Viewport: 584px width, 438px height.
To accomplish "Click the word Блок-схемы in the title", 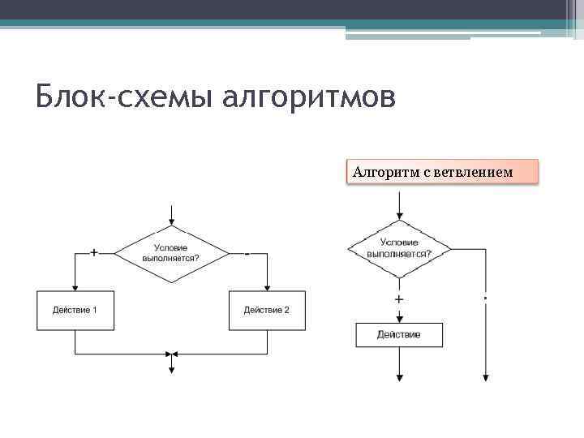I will tap(113, 98).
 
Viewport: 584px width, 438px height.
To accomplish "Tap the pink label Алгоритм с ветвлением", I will tap(443, 172).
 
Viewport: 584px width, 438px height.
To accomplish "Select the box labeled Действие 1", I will tap(75, 311).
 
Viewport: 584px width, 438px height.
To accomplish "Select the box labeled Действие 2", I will tap(267, 311).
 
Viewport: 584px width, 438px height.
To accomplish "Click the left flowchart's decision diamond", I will tap(171, 253).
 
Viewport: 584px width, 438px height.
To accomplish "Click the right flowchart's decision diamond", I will tap(399, 247).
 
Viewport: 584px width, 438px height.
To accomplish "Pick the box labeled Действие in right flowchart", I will tap(399, 335).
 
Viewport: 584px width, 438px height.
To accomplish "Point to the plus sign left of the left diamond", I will tap(94, 253).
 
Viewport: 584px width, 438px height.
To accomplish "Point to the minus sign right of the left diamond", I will tap(247, 253).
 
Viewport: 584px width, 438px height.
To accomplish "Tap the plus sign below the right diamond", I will tap(399, 299).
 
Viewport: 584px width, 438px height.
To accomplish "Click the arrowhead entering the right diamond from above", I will tap(399, 215).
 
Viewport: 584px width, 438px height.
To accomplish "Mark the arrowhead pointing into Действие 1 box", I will tap(75, 287).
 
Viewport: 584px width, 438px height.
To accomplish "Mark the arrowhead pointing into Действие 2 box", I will tap(267, 287).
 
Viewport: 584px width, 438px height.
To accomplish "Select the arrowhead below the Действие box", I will tap(399, 376).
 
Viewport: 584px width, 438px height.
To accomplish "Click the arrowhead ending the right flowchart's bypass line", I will tap(485, 376).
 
